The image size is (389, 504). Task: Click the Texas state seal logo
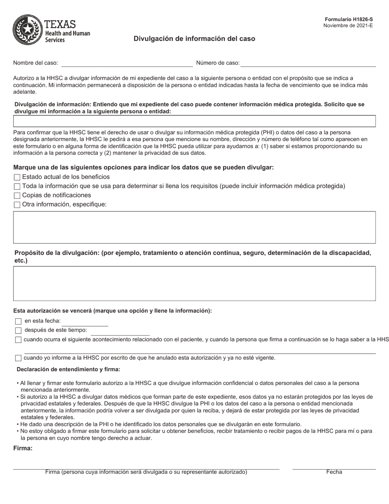[x=27, y=30]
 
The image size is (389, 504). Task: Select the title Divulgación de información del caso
[x=194, y=39]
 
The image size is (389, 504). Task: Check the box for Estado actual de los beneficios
[x=17, y=177]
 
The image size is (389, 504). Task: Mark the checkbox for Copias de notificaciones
[x=17, y=196]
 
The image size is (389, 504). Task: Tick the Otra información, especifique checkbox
[x=17, y=205]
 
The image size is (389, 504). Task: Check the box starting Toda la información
[x=17, y=186]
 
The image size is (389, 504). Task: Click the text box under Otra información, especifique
[x=194, y=227]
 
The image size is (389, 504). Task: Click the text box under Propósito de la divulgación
[x=194, y=284]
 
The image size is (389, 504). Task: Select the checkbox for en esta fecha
[x=18, y=322]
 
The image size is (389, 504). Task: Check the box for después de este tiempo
[x=18, y=331]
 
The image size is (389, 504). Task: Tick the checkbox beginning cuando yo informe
[x=18, y=358]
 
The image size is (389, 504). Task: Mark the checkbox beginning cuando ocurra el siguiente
[x=18, y=340]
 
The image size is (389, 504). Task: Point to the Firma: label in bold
[x=23, y=448]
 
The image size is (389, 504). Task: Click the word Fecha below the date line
[x=334, y=472]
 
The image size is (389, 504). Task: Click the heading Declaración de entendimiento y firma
[x=68, y=370]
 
